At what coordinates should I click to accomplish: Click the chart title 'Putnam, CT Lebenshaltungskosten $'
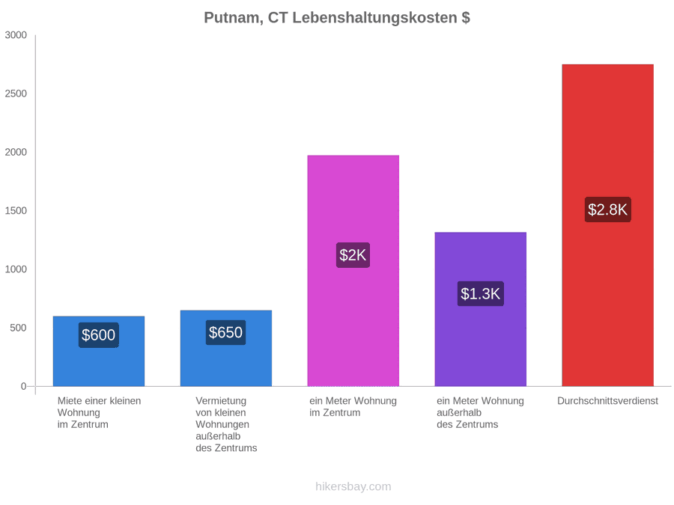[x=336, y=18]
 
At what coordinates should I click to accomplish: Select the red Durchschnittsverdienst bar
[x=608, y=225]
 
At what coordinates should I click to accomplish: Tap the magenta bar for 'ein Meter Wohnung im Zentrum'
[x=353, y=271]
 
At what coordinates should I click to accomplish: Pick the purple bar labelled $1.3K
[x=481, y=309]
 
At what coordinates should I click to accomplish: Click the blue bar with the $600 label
[x=99, y=352]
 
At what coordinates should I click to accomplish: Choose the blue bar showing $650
[x=226, y=348]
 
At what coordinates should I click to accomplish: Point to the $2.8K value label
[x=608, y=209]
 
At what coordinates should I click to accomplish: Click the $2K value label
[x=353, y=255]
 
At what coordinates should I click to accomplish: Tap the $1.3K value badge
[x=481, y=294]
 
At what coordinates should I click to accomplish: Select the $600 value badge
[x=98, y=335]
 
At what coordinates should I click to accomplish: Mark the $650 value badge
[x=225, y=332]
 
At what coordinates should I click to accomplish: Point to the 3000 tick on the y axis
[x=16, y=35]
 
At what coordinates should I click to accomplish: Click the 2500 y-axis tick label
[x=16, y=94]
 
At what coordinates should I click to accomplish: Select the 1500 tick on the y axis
[x=16, y=211]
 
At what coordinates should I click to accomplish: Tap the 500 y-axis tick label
[x=19, y=328]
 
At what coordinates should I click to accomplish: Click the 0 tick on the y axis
[x=24, y=387]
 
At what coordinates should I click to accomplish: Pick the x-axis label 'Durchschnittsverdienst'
[x=608, y=401]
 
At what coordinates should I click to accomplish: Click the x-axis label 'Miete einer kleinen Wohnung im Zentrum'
[x=100, y=413]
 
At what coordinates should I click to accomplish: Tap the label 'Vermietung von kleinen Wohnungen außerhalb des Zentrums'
[x=226, y=424]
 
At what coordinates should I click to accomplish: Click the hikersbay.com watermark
[x=353, y=486]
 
